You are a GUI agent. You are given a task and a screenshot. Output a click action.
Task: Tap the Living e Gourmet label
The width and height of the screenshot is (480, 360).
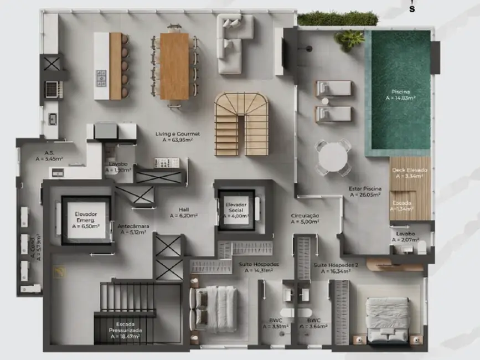tap(182, 137)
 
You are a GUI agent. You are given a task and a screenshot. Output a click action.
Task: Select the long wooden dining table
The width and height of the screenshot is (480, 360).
tap(174, 66)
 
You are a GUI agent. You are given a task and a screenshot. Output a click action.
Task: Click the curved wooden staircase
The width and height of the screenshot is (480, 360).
tap(241, 123)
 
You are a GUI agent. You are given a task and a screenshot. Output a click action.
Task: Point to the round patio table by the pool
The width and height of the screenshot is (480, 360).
tap(332, 157)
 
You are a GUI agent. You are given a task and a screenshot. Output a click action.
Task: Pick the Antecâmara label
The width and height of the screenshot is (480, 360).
tap(132, 229)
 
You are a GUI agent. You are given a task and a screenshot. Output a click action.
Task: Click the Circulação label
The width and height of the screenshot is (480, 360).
tap(305, 218)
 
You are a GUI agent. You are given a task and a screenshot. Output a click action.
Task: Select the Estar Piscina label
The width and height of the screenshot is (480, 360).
tap(364, 192)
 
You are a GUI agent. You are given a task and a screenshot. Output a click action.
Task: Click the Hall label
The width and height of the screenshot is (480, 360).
tap(184, 212)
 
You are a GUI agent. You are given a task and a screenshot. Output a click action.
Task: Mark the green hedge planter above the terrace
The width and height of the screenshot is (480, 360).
tap(338, 18)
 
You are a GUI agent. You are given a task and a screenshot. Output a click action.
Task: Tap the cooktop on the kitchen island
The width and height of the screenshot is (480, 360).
tap(101, 78)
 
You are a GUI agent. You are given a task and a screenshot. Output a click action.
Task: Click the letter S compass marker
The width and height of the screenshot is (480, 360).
tap(412, 8)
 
